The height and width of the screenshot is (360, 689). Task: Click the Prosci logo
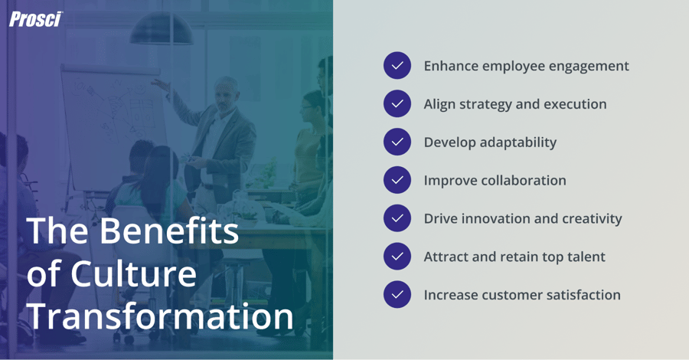35,19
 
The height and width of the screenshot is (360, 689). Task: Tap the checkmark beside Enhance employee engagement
397,66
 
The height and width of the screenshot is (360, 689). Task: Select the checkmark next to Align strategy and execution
397,104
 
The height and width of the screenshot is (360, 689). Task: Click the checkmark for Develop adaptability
397,142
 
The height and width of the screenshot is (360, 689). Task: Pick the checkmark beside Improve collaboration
397,180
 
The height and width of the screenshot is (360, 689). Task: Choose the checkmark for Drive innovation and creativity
397,218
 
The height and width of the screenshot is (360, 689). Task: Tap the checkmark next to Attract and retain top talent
397,257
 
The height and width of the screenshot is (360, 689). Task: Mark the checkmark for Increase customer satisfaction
397,295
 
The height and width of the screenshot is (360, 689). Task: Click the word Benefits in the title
168,231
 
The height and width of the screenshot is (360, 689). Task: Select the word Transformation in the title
160,316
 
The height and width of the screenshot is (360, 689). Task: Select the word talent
584,257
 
